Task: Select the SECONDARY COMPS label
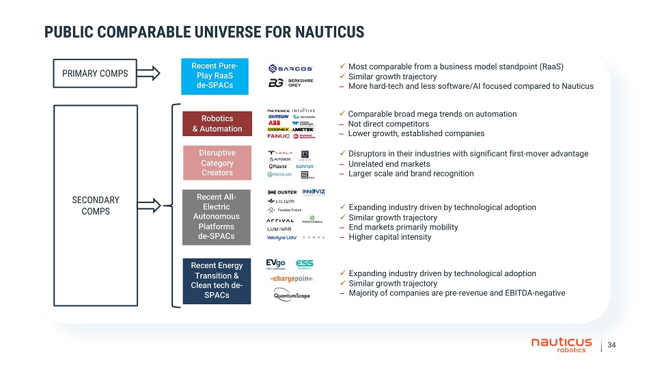coord(96,205)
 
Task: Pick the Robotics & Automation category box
coord(217,124)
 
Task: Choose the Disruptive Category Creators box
coord(217,163)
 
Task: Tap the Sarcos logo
coord(291,68)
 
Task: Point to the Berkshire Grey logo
coord(291,83)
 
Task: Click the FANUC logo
coord(279,135)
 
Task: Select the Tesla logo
coord(279,152)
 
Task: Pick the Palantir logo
coord(278,166)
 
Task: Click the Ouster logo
coord(282,192)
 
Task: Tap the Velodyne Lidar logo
coord(281,237)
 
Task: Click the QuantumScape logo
coord(292,295)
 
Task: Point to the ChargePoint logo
coord(292,280)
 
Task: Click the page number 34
coord(611,344)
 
